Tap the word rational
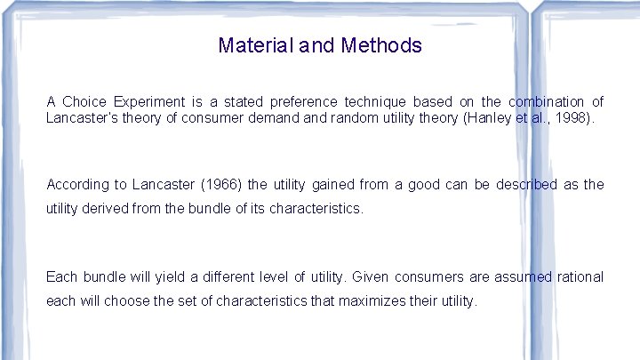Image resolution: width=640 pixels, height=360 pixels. (580, 277)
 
